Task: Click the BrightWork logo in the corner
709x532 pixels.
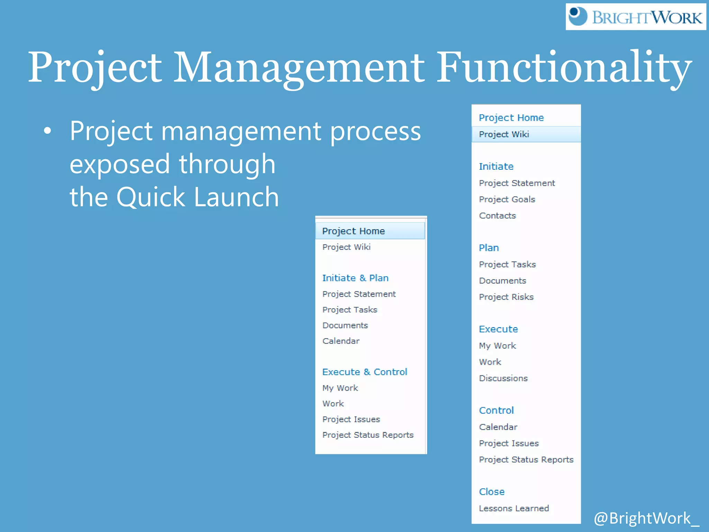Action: click(x=635, y=17)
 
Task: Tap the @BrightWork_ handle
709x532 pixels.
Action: click(x=646, y=518)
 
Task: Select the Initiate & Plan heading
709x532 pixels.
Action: click(x=355, y=278)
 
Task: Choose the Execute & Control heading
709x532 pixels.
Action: click(x=365, y=372)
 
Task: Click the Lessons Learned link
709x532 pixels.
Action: click(x=514, y=508)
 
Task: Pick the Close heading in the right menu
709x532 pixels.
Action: click(x=492, y=491)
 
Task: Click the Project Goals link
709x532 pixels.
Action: click(x=507, y=199)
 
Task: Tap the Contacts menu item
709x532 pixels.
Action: click(x=497, y=215)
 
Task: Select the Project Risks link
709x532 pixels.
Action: click(x=506, y=297)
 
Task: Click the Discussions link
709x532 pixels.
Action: click(x=503, y=378)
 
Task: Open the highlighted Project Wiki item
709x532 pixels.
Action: click(x=504, y=134)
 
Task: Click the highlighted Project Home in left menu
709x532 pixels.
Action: click(x=353, y=231)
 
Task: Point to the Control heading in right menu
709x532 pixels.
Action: click(x=496, y=410)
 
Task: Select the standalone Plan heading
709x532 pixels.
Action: click(x=488, y=248)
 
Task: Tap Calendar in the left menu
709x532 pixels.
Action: click(x=341, y=341)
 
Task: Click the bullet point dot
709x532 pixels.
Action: click(x=47, y=131)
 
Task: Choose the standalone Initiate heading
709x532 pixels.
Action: click(x=496, y=166)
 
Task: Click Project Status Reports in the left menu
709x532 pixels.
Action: click(x=368, y=435)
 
